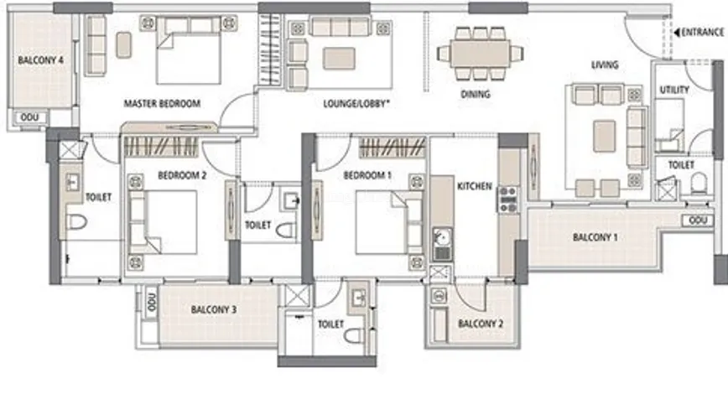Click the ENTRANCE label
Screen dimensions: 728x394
pos(702,32)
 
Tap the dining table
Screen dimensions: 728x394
pos(480,54)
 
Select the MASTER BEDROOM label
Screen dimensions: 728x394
pos(162,103)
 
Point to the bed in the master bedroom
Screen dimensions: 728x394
pos(188,50)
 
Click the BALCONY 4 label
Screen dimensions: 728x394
pos(40,60)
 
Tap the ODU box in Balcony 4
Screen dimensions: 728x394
pos(29,117)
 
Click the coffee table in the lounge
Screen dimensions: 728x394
pos(339,58)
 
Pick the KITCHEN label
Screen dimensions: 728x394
pos(475,186)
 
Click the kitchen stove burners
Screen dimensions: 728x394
pos(508,200)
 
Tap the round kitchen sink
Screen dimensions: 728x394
pos(441,237)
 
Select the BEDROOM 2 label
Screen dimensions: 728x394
pos(182,175)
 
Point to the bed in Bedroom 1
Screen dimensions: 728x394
pos(389,223)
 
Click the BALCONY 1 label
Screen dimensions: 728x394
pos(595,237)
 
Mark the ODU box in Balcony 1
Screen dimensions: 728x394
pos(698,220)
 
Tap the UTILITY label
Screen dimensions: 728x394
pos(674,90)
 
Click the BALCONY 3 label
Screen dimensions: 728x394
pos(214,309)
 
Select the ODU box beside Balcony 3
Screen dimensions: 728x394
pos(151,302)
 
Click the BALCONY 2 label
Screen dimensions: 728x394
pos(481,324)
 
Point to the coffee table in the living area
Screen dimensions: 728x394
pos(605,136)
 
